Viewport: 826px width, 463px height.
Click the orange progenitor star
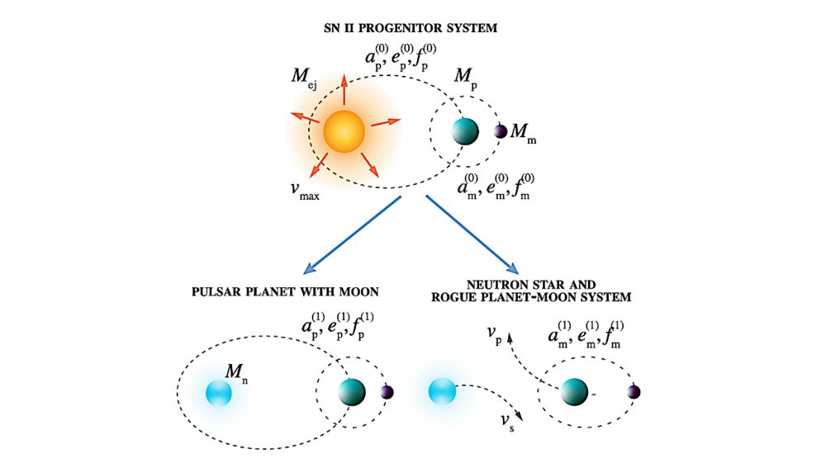tap(344, 131)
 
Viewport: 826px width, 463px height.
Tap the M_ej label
tap(304, 78)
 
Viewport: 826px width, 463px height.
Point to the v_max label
tap(305, 190)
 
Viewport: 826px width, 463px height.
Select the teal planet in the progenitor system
tap(465, 131)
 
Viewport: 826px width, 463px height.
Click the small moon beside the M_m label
tap(501, 131)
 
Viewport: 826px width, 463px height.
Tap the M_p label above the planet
tap(465, 79)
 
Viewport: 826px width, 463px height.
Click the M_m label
tap(523, 133)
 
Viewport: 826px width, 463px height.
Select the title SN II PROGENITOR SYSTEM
tap(411, 28)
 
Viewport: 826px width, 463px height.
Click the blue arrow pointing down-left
tap(353, 235)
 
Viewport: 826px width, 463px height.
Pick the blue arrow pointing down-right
tap(472, 234)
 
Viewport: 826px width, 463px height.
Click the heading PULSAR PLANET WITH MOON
tap(285, 291)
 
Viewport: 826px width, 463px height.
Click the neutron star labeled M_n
tap(219, 394)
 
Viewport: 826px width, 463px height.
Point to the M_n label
tap(236, 374)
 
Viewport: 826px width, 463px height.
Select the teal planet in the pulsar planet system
tap(351, 392)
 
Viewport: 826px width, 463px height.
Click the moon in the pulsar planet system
tap(387, 392)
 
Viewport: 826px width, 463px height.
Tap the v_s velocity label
tap(507, 422)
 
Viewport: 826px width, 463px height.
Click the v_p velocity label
tap(494, 333)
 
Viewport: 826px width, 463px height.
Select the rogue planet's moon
tap(634, 392)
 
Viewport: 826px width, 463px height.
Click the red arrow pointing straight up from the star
tap(344, 89)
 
